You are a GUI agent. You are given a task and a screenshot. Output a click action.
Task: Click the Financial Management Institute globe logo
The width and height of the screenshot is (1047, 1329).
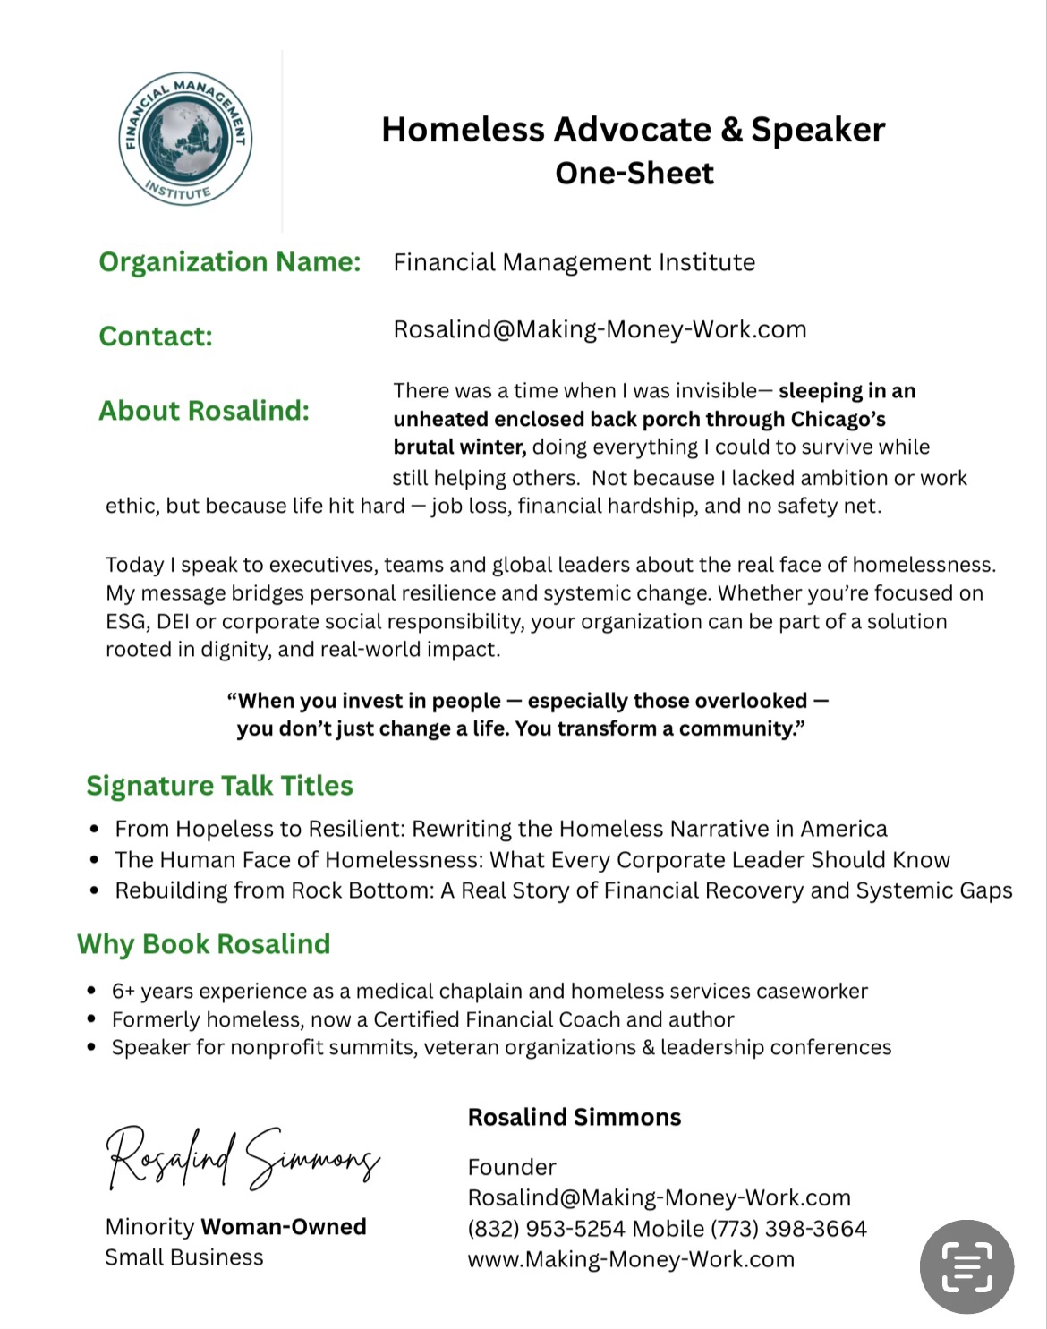point(185,139)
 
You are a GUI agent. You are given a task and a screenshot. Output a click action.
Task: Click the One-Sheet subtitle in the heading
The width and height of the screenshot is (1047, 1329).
point(634,173)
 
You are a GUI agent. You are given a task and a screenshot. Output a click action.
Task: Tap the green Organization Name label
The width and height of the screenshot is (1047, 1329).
point(229,261)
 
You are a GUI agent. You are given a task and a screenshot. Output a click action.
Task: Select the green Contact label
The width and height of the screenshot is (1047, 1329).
point(156,336)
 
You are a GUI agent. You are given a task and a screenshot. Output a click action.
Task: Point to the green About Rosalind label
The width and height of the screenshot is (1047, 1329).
point(204,410)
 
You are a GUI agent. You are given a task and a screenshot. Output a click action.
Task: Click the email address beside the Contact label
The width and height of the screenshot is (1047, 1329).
point(600,329)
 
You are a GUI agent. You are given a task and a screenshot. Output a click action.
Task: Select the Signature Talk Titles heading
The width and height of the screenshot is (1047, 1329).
point(219,785)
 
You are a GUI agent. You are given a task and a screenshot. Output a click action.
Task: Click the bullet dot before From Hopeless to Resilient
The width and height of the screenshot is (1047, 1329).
point(95,830)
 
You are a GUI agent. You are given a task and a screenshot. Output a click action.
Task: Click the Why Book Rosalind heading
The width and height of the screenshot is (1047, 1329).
point(203,943)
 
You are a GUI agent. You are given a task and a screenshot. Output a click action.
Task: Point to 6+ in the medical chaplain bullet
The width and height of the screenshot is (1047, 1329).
point(123,991)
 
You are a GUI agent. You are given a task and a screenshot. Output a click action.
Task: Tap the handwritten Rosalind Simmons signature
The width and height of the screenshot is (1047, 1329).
point(243,1157)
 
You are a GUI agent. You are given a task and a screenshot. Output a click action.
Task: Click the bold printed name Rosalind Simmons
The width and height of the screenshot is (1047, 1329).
point(574,1117)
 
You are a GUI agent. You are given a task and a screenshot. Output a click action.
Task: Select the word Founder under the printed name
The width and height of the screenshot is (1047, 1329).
point(511,1167)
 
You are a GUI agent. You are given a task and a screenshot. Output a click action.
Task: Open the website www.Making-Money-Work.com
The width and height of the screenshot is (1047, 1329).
point(630,1259)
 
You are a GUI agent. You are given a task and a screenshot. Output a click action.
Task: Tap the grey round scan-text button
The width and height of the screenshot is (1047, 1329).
point(966,1266)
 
